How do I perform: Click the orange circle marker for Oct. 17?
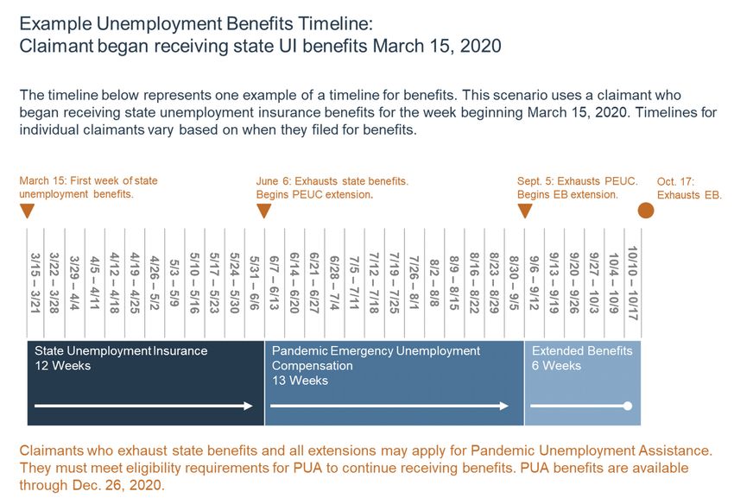click(646, 211)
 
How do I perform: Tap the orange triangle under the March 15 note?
click(28, 211)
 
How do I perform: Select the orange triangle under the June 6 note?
click(264, 211)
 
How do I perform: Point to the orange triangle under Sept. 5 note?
click(525, 211)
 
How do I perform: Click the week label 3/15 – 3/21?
click(35, 283)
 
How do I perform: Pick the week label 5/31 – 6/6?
click(254, 283)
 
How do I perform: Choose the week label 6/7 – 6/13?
click(275, 283)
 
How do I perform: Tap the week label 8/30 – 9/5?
click(514, 283)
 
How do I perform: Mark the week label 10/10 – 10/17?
click(633, 283)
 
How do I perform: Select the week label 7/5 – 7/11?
click(354, 283)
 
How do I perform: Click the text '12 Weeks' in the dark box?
click(63, 365)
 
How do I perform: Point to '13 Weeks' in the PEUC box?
click(300, 381)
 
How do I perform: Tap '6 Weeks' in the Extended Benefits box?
click(556, 365)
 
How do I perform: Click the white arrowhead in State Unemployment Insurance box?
click(249, 406)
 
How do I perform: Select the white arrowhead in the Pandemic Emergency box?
click(504, 406)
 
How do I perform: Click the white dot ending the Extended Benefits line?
click(628, 406)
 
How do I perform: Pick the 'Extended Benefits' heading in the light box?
click(582, 350)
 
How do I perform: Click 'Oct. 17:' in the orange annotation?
click(675, 181)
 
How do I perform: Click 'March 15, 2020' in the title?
click(437, 46)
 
